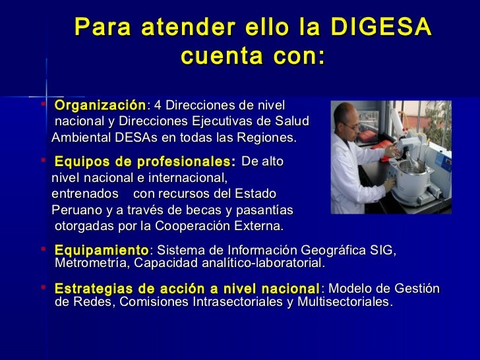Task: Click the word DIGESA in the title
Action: [x=380, y=27]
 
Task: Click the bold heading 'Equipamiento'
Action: [x=102, y=251]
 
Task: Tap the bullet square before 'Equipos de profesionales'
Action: [x=43, y=160]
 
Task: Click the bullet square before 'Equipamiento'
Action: [x=43, y=249]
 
